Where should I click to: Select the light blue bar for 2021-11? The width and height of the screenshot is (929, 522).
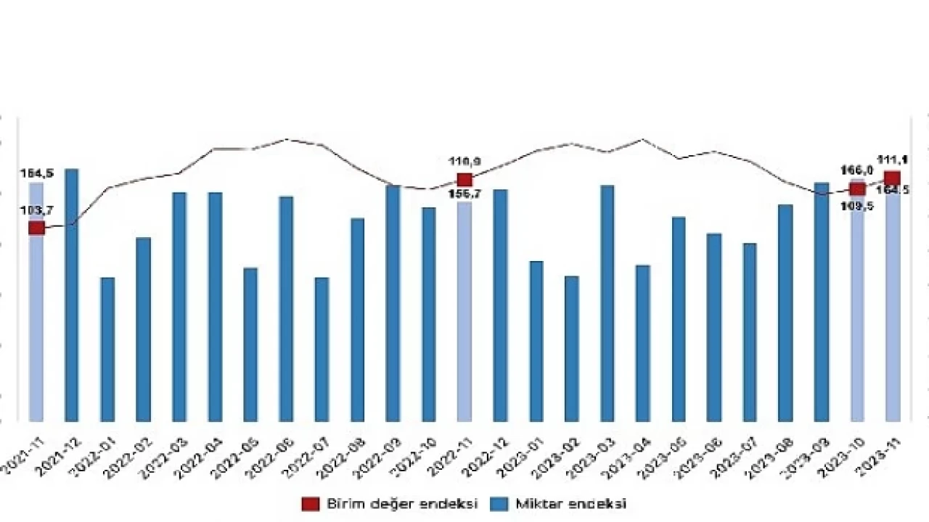coord(36,326)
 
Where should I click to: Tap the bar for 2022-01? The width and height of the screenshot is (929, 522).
coord(107,349)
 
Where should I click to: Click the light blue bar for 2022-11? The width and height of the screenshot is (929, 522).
coord(464,312)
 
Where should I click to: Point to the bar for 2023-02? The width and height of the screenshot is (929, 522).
coord(572,348)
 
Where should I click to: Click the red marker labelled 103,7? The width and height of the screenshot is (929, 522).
coord(36,228)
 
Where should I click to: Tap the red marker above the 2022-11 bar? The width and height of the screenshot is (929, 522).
coord(464,180)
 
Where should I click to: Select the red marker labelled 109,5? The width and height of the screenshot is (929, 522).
coord(857,189)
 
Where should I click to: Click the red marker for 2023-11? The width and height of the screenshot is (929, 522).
coord(893,178)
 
